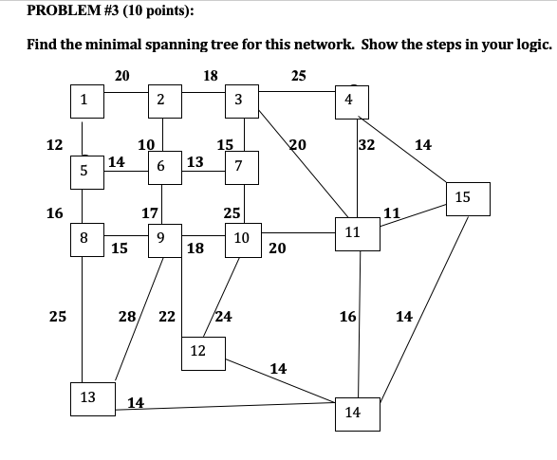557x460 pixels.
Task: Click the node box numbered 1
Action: pyautogui.click(x=84, y=99)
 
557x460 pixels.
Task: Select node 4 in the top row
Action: pyautogui.click(x=350, y=99)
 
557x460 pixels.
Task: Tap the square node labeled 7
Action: pyautogui.click(x=238, y=167)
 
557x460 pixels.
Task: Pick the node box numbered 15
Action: pyautogui.click(x=462, y=198)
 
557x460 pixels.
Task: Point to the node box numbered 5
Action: pyautogui.click(x=84, y=171)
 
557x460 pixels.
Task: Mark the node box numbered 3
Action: pyautogui.click(x=238, y=99)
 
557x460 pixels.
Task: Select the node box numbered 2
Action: pyautogui.click(x=161, y=99)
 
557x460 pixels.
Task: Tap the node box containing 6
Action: pyautogui.click(x=161, y=166)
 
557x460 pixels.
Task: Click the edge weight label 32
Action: pyautogui.click(x=366, y=145)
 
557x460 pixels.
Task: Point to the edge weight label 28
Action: pyautogui.click(x=126, y=316)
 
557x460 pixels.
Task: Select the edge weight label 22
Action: pyautogui.click(x=166, y=316)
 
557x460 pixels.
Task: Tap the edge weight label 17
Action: pyautogui.click(x=149, y=213)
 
